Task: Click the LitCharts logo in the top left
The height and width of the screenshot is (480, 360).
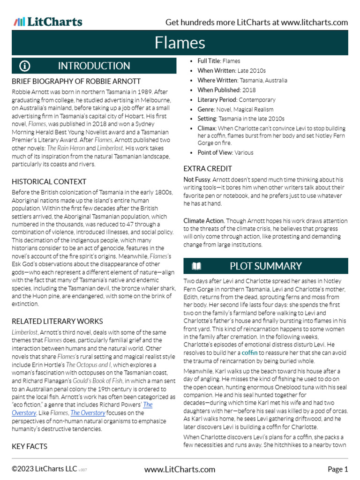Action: [x=48, y=22]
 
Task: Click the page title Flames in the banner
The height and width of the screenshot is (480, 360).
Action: [x=180, y=43]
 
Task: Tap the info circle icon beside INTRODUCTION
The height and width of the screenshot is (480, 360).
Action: [x=25, y=66]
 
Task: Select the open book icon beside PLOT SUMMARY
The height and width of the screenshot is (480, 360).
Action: [x=196, y=266]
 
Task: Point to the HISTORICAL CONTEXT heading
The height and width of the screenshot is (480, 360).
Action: [x=49, y=181]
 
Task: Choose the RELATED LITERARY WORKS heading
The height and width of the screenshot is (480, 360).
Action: [x=57, y=321]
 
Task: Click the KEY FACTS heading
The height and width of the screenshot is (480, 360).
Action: [x=30, y=446]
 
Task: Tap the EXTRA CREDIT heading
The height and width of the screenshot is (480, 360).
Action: [x=208, y=168]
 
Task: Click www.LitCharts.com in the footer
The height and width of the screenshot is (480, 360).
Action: [x=180, y=469]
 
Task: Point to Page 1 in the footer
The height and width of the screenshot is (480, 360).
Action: [x=337, y=469]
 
